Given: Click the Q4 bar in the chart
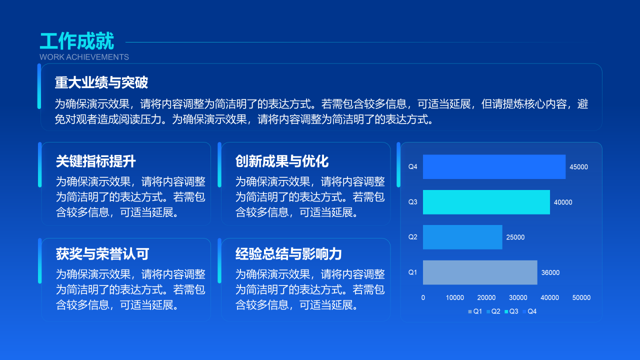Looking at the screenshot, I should (x=494, y=166).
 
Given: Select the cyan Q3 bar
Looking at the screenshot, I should (x=486, y=202).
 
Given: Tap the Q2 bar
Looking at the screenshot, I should (x=462, y=237).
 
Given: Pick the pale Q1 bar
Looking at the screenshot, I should (x=480, y=272).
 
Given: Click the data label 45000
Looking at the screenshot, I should (x=579, y=167).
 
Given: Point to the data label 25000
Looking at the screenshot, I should (x=515, y=237).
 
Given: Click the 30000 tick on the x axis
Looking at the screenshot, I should (x=518, y=297).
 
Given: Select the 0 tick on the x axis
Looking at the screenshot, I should (x=423, y=297).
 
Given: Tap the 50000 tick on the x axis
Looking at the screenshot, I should (x=581, y=297).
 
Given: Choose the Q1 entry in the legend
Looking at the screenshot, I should (x=475, y=311).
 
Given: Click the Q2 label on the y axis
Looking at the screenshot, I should (x=412, y=237).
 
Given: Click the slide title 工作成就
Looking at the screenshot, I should (x=77, y=41).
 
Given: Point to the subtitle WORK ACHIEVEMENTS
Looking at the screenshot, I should (x=84, y=57).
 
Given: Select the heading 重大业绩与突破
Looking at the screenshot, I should (x=101, y=82).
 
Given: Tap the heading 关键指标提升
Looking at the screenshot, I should (x=96, y=161).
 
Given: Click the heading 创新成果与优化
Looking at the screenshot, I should (x=282, y=161).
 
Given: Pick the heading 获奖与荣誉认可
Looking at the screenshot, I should (x=102, y=254).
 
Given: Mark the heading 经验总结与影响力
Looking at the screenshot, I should (x=288, y=254).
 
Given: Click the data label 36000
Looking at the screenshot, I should (x=550, y=272).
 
